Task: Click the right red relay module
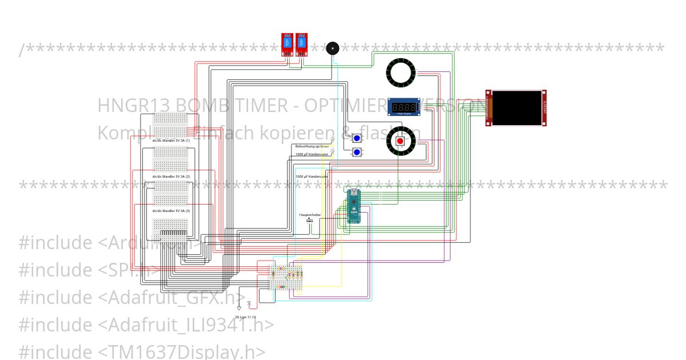301,45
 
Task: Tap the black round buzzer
332,49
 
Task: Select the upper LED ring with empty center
401,72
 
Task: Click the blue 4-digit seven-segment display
404,107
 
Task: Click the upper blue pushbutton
357,138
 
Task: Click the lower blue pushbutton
357,152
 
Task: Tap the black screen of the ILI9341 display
516,108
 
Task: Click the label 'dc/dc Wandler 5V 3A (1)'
170,141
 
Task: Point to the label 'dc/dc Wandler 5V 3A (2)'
170,177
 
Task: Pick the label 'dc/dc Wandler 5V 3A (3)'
170,211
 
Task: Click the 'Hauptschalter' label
310,215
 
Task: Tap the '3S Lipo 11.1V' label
245,317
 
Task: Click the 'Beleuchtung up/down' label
312,146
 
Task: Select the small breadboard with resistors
286,278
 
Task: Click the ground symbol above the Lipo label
240,308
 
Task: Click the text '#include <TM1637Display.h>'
142,351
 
